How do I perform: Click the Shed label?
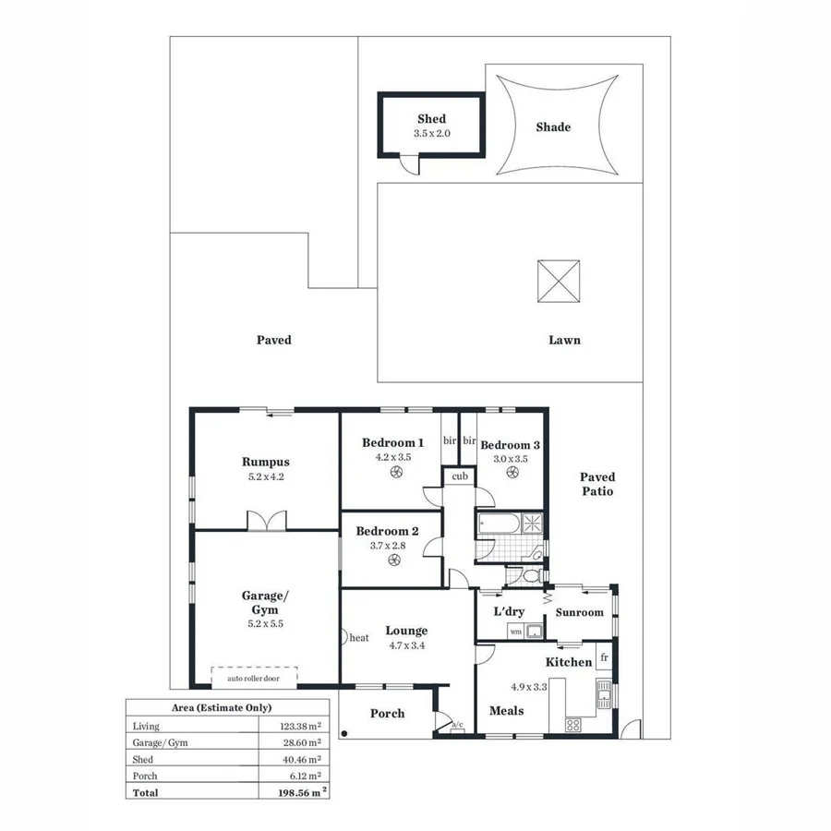(x=431, y=119)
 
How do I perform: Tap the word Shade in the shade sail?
(x=553, y=127)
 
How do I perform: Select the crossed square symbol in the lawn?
(x=560, y=281)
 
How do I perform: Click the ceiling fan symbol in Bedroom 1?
(x=396, y=473)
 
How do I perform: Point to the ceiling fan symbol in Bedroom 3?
(x=510, y=473)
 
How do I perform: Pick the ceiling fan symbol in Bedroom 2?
(x=394, y=559)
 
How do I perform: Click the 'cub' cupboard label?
(x=459, y=476)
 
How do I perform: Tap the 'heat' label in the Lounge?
(x=359, y=637)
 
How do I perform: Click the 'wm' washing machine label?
(x=514, y=631)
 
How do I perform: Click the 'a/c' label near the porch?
(x=456, y=725)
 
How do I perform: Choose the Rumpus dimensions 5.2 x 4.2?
(x=266, y=477)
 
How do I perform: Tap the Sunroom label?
(x=580, y=612)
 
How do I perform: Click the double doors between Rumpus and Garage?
(x=264, y=521)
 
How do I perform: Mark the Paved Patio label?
(x=596, y=484)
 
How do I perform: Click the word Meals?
(x=507, y=710)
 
